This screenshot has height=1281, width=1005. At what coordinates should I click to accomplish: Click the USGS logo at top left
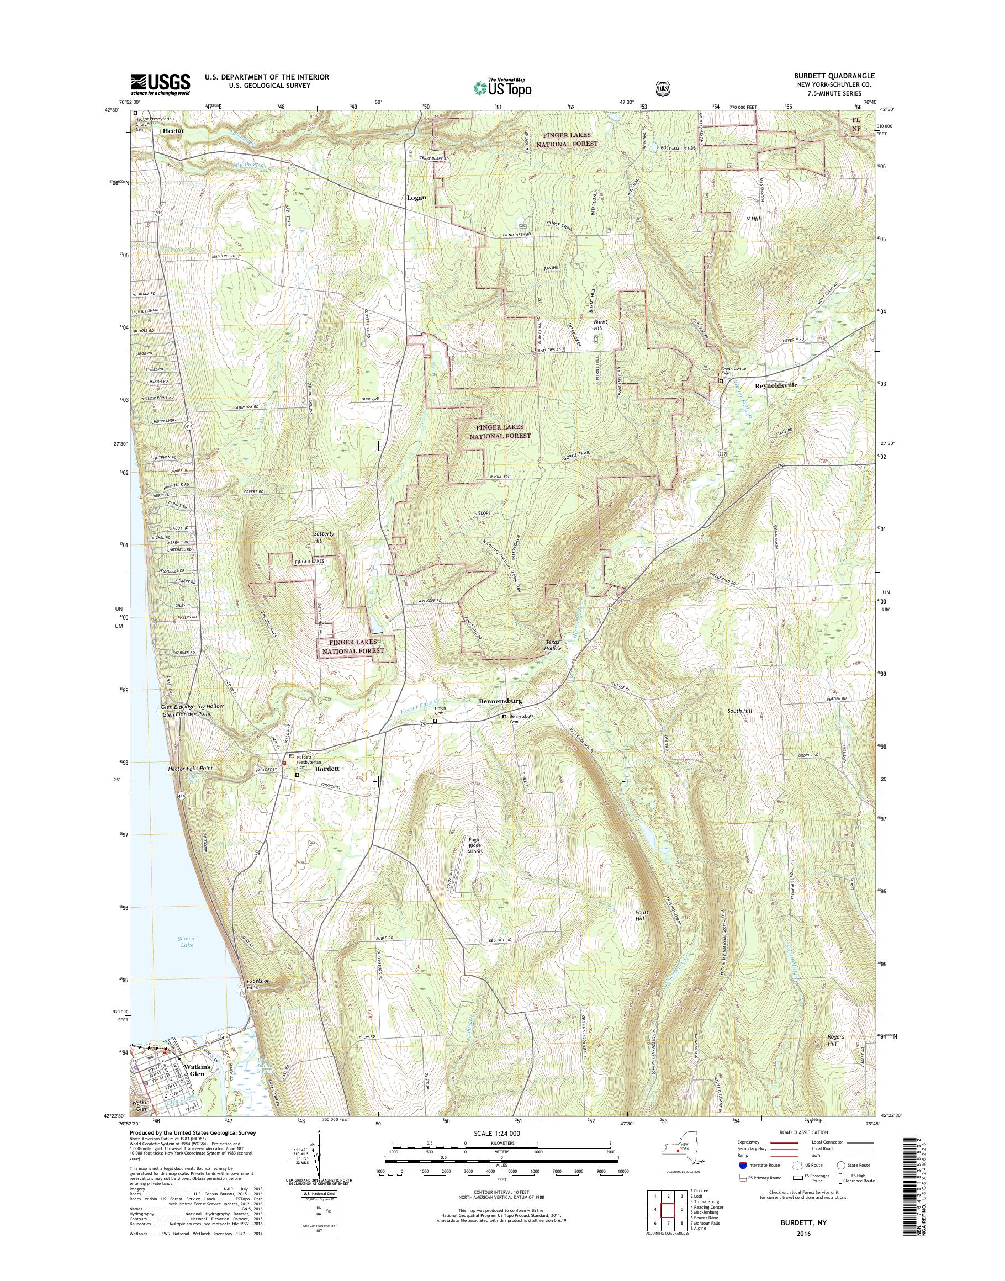pos(160,84)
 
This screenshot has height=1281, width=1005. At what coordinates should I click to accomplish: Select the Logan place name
pos(416,198)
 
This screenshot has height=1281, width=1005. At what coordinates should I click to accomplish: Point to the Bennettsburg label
pos(500,701)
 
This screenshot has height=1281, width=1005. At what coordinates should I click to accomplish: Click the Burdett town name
pos(326,769)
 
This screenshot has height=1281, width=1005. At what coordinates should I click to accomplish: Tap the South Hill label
pos(739,711)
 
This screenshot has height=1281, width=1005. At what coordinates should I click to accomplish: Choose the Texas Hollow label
pos(553,644)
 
